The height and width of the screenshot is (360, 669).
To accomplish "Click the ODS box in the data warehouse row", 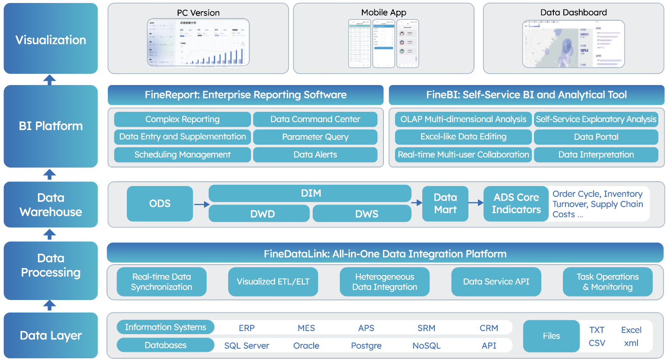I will [160, 203].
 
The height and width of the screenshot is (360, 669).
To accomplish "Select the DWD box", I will [259, 214].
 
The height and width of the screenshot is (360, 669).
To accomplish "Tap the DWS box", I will [362, 214].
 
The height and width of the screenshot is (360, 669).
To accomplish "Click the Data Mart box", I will [445, 203].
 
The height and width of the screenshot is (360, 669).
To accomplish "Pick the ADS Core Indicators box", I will [516, 203].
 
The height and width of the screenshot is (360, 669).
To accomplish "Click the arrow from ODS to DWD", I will [201, 205].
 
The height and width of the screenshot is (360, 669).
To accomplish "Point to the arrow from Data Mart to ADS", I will [476, 202].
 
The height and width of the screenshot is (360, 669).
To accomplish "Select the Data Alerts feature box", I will [315, 155].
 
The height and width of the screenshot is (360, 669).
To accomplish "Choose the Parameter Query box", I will [315, 137].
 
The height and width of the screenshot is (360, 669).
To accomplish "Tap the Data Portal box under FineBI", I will [596, 137].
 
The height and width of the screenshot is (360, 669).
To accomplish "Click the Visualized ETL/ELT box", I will [273, 281].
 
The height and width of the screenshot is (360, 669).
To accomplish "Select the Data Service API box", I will [496, 281].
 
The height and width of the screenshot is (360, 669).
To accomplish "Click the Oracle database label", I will [306, 346].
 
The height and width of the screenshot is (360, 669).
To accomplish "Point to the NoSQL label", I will [426, 346].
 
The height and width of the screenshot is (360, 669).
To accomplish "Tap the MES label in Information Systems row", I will [306, 328].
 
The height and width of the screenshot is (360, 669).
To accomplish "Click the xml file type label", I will [631, 343].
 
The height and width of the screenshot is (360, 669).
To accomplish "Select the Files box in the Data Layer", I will [551, 336].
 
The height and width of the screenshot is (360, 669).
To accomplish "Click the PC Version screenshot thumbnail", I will [198, 43].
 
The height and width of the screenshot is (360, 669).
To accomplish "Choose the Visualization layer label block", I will [51, 39].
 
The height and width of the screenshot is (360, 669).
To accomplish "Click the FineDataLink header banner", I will [385, 253].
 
